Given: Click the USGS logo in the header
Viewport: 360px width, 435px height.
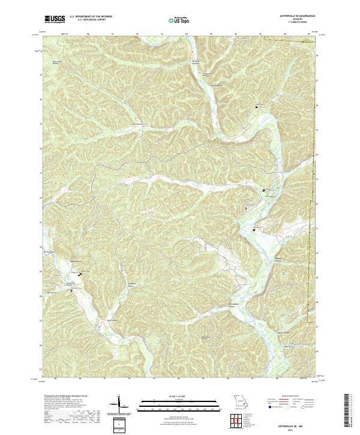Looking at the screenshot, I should tap(55, 19).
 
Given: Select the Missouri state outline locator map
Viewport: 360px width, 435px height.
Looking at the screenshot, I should tap(241, 400).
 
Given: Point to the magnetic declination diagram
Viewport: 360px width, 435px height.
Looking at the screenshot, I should tap(119, 403).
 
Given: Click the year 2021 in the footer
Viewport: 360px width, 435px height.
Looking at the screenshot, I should tap(292, 428).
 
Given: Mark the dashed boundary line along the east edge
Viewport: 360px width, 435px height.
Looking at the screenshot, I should tap(312, 240).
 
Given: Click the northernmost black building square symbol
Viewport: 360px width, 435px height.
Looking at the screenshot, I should tap(257, 107).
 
